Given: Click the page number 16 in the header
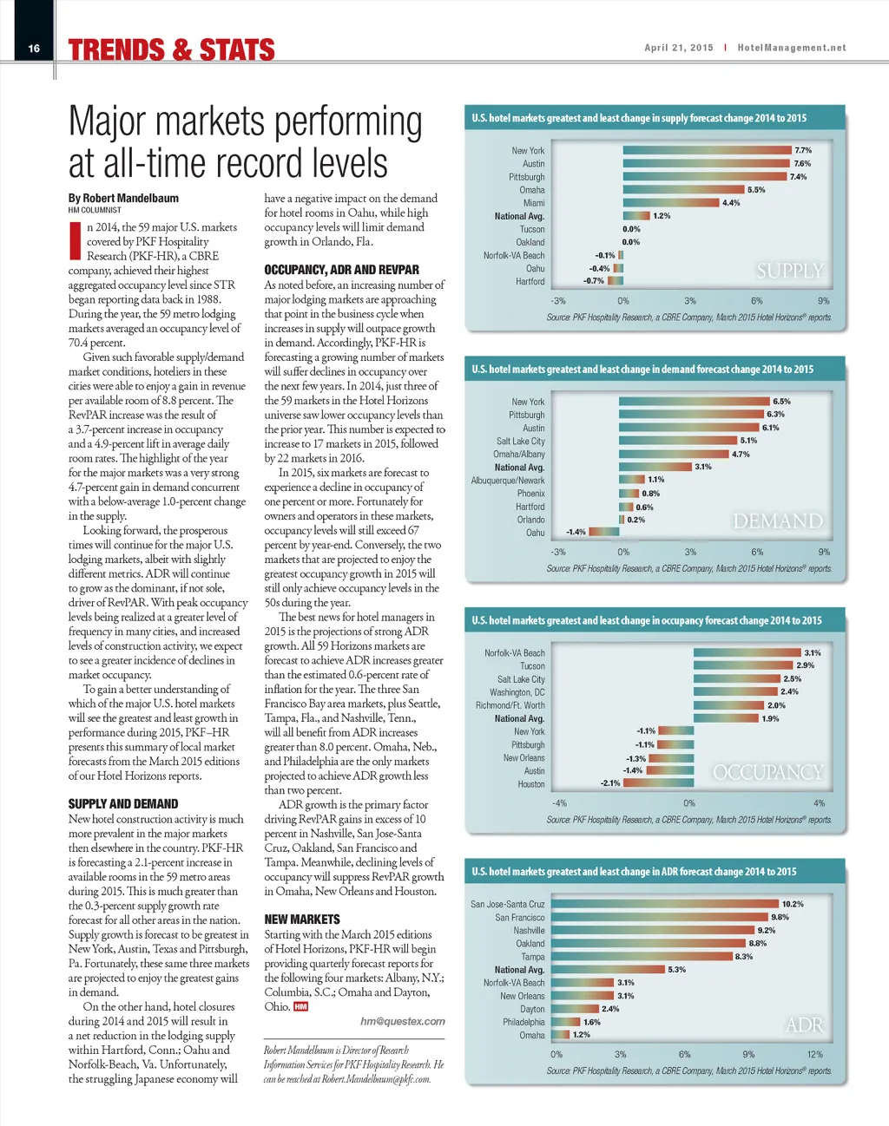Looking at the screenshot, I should (34, 49).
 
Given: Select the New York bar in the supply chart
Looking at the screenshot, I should (707, 150).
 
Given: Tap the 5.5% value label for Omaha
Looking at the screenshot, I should (756, 190).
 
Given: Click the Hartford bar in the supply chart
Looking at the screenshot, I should (616, 281).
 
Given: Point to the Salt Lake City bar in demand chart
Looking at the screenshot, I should (678, 441).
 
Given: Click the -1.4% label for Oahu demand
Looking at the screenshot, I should (576, 533).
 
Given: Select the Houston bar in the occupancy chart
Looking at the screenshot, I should (658, 783).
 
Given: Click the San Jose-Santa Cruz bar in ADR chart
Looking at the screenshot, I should (665, 904).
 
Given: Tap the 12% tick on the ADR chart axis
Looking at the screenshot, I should (814, 1054).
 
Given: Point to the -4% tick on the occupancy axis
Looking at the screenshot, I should (559, 803).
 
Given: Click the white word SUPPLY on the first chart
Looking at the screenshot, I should (789, 271).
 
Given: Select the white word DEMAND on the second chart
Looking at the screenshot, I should (778, 521).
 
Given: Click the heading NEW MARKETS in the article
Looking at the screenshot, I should (302, 919).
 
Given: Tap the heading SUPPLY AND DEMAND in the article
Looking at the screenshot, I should (123, 804).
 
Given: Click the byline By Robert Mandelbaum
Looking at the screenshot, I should (123, 198).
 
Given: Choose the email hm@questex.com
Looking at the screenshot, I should (403, 1021).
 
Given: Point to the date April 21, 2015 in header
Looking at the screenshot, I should (678, 48).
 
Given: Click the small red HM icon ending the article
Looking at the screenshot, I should (300, 1006).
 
